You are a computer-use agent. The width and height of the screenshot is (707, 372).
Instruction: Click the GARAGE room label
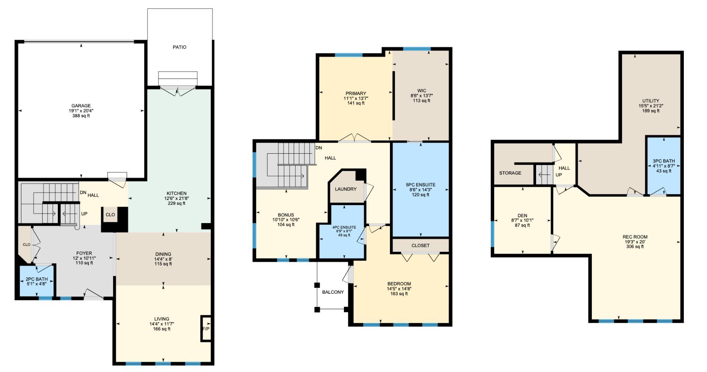point(81,106)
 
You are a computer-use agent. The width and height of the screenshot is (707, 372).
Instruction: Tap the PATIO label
point(179,47)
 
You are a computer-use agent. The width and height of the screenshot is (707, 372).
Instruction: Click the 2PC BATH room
point(36,281)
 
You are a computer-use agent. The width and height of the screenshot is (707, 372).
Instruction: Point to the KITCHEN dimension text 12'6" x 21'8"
point(176,198)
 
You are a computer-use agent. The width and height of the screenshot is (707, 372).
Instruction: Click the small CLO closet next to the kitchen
point(110,215)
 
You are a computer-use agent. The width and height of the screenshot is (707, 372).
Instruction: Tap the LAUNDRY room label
point(345,189)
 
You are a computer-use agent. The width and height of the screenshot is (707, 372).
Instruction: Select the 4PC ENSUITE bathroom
point(344,232)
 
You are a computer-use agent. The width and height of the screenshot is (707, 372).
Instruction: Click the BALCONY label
point(333,292)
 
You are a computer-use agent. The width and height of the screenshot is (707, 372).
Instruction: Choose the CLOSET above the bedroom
point(420,246)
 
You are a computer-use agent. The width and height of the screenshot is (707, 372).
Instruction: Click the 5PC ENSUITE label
point(421,185)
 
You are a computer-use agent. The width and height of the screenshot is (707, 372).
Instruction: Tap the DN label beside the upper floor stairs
point(319,148)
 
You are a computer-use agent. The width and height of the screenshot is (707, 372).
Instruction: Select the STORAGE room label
point(510,173)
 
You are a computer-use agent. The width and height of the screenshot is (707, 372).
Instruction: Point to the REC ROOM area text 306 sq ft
point(635,247)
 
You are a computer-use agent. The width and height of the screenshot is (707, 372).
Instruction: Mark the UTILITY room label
point(651,101)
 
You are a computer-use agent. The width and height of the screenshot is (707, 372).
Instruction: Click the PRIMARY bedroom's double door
point(354,139)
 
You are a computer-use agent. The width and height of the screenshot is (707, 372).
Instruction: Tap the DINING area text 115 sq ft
point(163,264)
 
